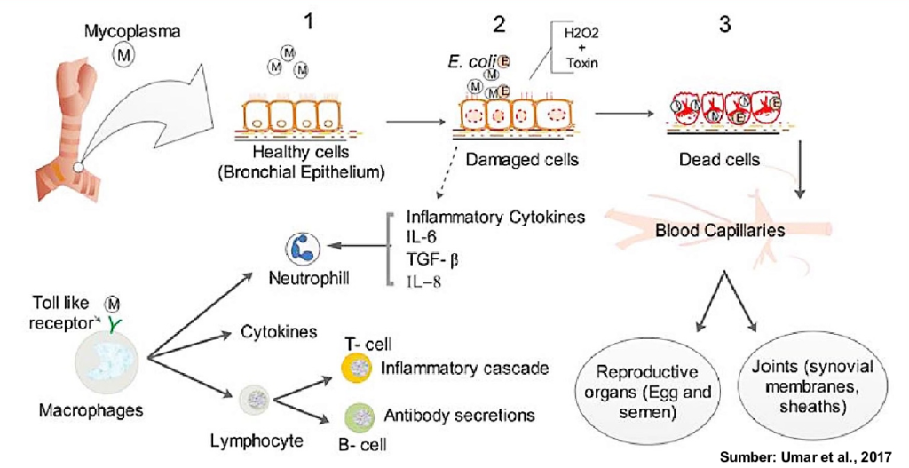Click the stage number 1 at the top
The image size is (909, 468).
point(308,24)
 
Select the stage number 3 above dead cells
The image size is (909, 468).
point(725,25)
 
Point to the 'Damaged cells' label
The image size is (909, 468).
point(511,159)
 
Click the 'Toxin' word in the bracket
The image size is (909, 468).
point(577,63)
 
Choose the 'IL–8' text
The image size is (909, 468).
point(423,282)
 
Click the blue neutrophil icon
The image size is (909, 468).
point(299,250)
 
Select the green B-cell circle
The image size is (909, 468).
point(355,416)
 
